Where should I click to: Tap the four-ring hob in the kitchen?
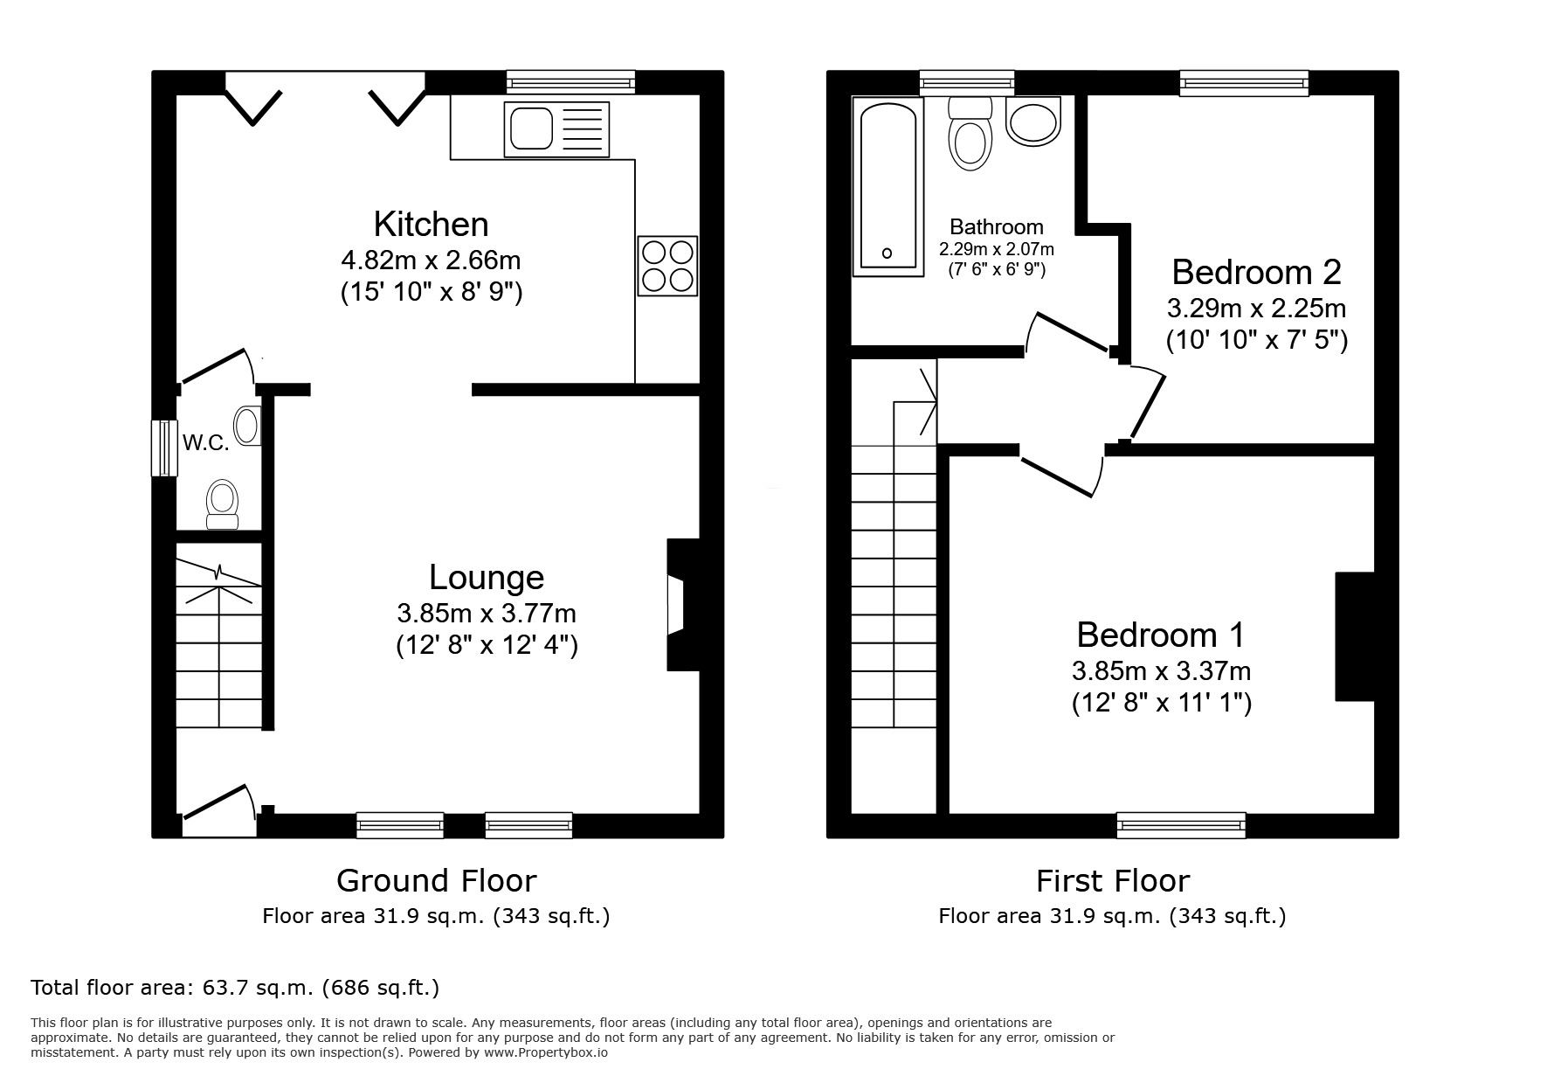click(667, 266)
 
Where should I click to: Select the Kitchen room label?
click(431, 225)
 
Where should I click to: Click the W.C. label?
click(205, 443)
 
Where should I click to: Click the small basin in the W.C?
click(248, 426)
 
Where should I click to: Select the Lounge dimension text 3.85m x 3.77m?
click(487, 613)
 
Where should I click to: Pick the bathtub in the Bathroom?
click(887, 186)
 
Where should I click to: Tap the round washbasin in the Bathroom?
click(1033, 121)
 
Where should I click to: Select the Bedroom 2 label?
click(1256, 272)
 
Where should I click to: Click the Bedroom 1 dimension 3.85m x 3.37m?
click(1161, 671)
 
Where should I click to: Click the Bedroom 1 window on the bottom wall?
click(1180, 824)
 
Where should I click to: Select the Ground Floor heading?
click(436, 880)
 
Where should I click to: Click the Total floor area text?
click(235, 988)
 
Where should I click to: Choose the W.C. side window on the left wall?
click(162, 448)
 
